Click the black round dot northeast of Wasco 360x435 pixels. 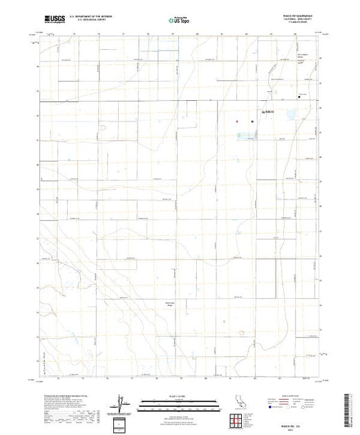point(299,97)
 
